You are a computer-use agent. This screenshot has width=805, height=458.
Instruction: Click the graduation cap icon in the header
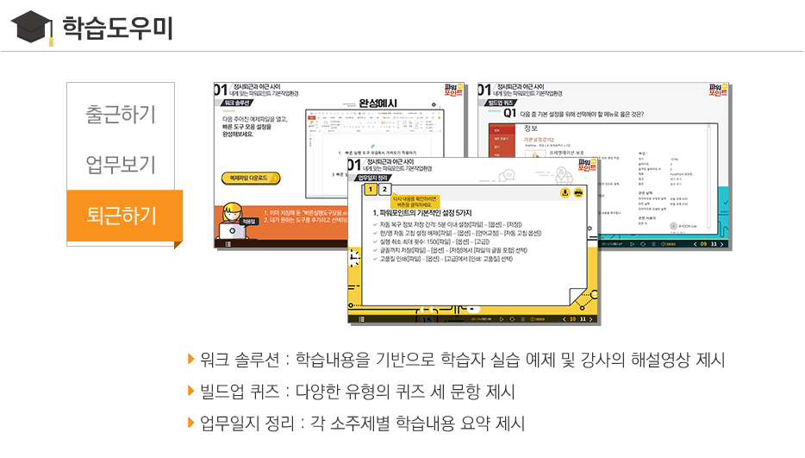coord(29,27)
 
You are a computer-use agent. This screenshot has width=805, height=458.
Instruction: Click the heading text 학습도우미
coord(117,28)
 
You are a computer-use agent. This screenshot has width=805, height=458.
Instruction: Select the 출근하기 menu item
coord(121,114)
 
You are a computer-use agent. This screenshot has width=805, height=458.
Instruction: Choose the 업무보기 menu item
coord(121,164)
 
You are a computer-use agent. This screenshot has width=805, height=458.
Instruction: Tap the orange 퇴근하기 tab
coord(122,215)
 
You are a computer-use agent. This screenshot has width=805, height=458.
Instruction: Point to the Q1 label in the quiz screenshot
coord(511,112)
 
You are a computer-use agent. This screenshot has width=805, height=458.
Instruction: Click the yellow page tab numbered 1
coord(370,191)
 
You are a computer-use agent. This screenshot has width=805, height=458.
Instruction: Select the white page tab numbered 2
coord(384,191)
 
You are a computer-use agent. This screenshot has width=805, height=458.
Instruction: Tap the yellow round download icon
coord(565,192)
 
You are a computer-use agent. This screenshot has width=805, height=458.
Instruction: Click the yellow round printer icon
coord(578,192)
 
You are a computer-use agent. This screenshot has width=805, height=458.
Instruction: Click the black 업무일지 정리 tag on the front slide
coord(371,178)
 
